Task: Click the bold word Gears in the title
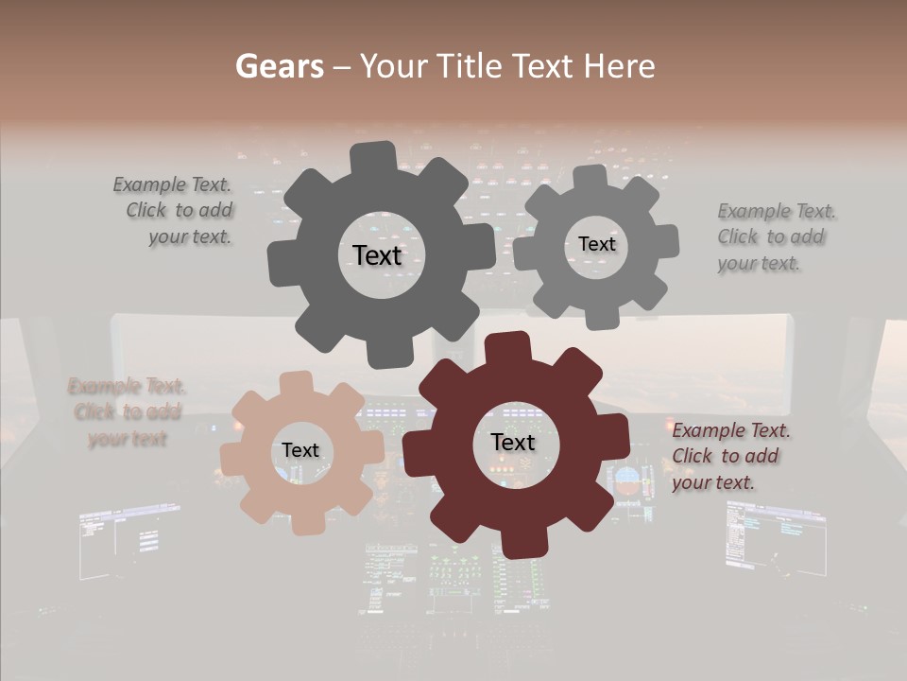pos(278,66)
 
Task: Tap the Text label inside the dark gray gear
pos(377,255)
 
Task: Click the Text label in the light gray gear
pos(596,244)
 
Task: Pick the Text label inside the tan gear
pos(300,450)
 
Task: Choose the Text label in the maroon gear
pos(513,443)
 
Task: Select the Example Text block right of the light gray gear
pos(775,237)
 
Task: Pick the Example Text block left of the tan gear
pos(127,412)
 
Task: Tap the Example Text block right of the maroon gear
pos(729,456)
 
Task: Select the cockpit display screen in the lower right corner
pos(775,539)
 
